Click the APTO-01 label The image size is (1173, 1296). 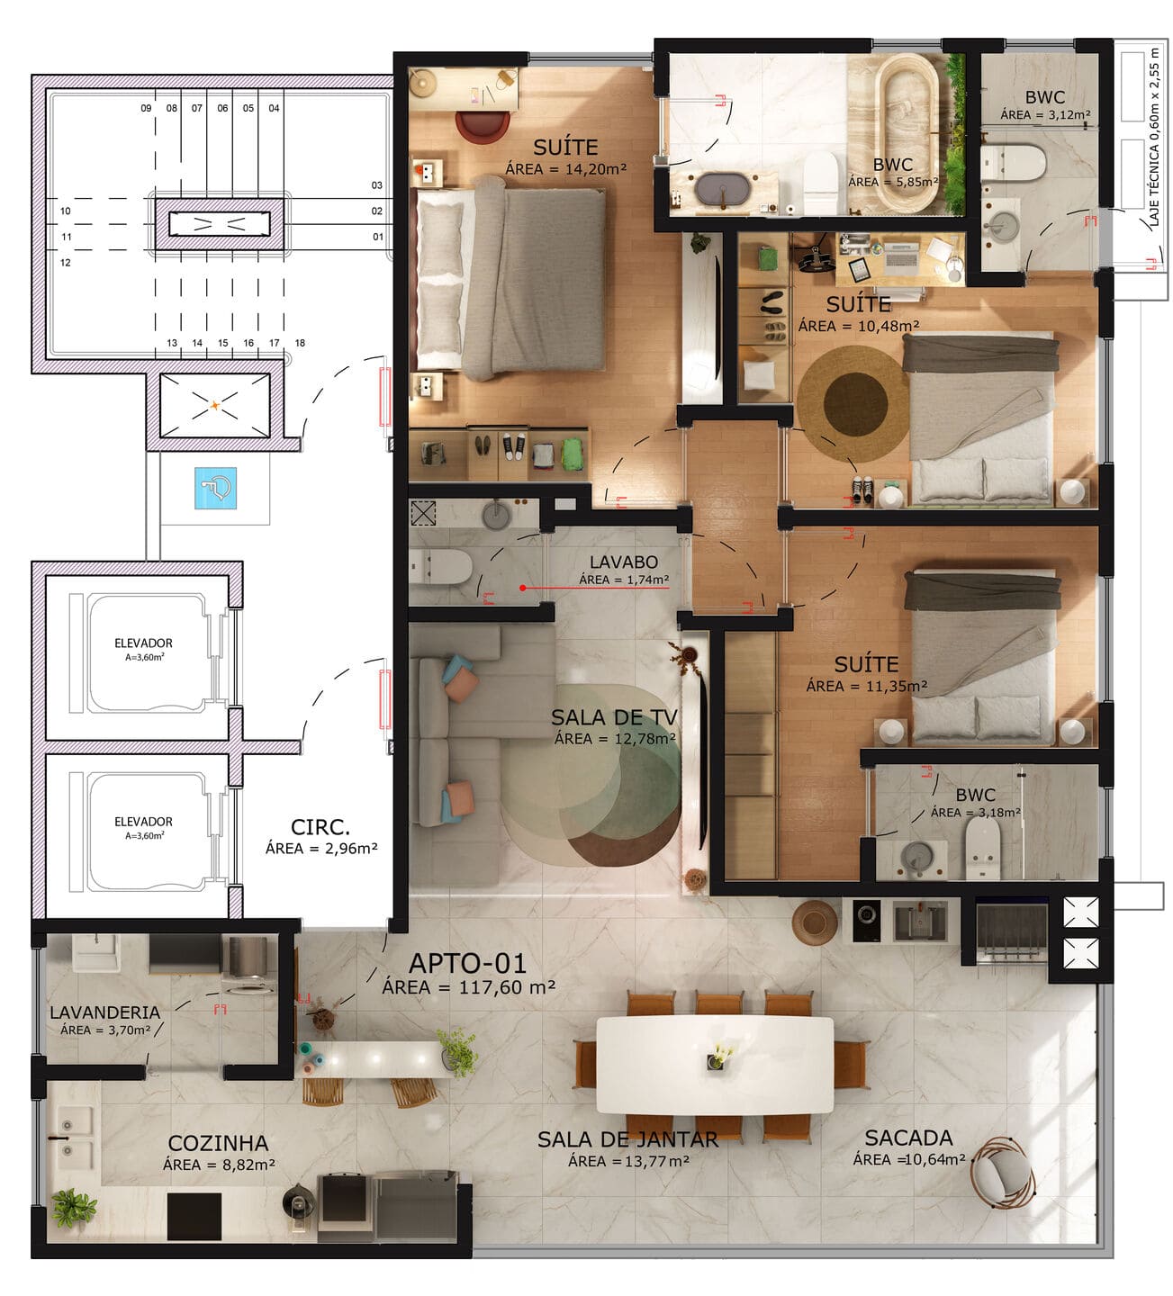(468, 963)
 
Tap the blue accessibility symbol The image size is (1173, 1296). (215, 488)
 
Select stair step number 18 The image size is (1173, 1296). (300, 343)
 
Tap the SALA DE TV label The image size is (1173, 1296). (614, 717)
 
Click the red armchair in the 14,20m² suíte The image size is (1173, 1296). (483, 126)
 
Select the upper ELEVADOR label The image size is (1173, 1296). (143, 643)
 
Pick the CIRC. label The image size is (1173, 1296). (320, 827)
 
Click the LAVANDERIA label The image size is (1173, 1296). (104, 1012)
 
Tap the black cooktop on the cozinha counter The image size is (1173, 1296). (194, 1217)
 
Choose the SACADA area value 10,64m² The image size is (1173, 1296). (934, 1160)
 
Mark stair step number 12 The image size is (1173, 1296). (66, 262)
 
